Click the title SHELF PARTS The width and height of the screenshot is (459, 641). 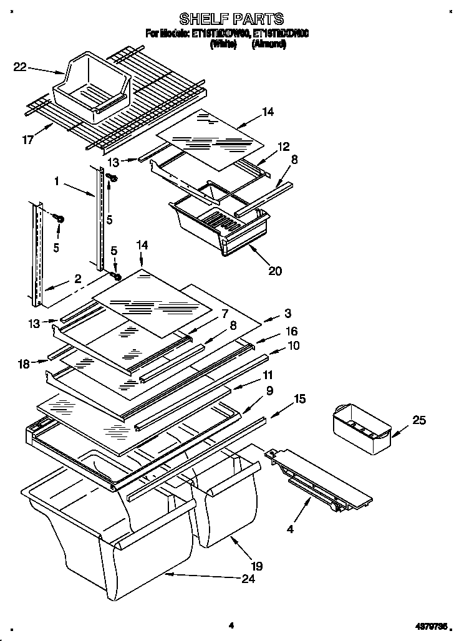pyautogui.click(x=231, y=18)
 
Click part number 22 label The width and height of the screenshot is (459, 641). pyautogui.click(x=20, y=66)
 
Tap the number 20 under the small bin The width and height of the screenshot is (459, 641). pyautogui.click(x=275, y=271)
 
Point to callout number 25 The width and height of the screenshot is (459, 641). pyautogui.click(x=419, y=420)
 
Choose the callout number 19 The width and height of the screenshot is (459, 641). pyautogui.click(x=256, y=566)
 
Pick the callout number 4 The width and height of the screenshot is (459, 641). pyautogui.click(x=289, y=531)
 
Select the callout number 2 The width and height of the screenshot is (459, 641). pyautogui.click(x=78, y=280)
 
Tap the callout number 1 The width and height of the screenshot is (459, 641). pyautogui.click(x=57, y=181)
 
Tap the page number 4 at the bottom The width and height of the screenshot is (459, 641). pyautogui.click(x=231, y=625)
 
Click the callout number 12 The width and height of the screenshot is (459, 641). pyautogui.click(x=284, y=147)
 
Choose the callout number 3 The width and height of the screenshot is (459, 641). pyautogui.click(x=287, y=314)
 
